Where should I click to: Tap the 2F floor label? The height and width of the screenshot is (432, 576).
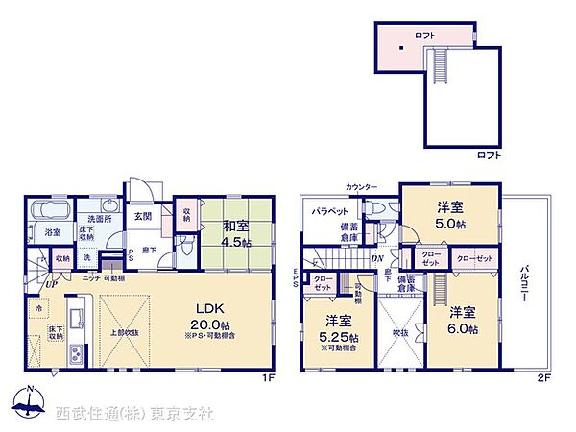coord(544,378)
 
